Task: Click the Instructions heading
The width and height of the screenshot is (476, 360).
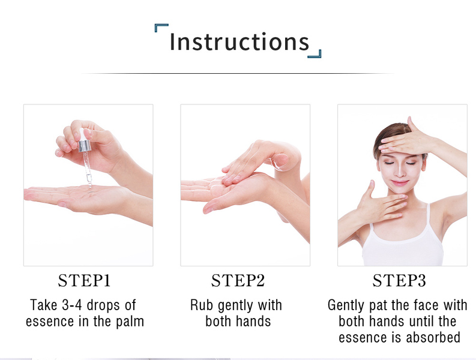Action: (x=240, y=41)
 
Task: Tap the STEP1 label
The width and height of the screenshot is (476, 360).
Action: (x=84, y=280)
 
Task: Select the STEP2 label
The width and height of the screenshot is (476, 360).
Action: (x=238, y=280)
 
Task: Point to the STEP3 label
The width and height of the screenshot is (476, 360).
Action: (x=399, y=280)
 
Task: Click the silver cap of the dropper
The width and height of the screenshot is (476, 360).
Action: (x=84, y=146)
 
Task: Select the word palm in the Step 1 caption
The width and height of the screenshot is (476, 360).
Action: (x=130, y=322)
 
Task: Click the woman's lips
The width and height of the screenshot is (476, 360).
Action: (x=400, y=183)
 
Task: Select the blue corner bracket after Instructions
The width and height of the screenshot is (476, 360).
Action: (x=316, y=55)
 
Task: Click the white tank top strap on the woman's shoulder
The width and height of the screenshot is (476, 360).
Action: (x=429, y=216)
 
